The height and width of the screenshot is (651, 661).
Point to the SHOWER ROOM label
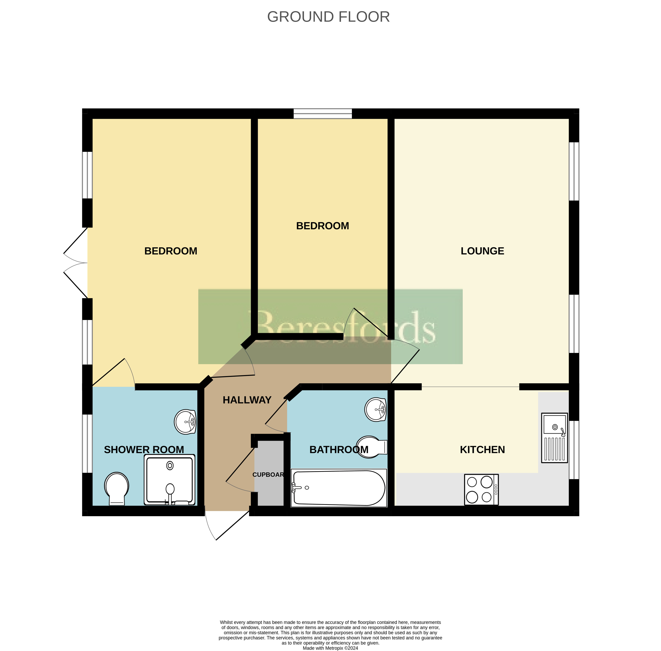coord(144,450)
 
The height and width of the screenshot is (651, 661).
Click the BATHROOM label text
coord(339,450)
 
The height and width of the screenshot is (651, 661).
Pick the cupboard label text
coord(268,474)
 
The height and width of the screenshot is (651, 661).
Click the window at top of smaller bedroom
coord(323,114)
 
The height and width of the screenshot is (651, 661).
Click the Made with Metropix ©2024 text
coord(330,648)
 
